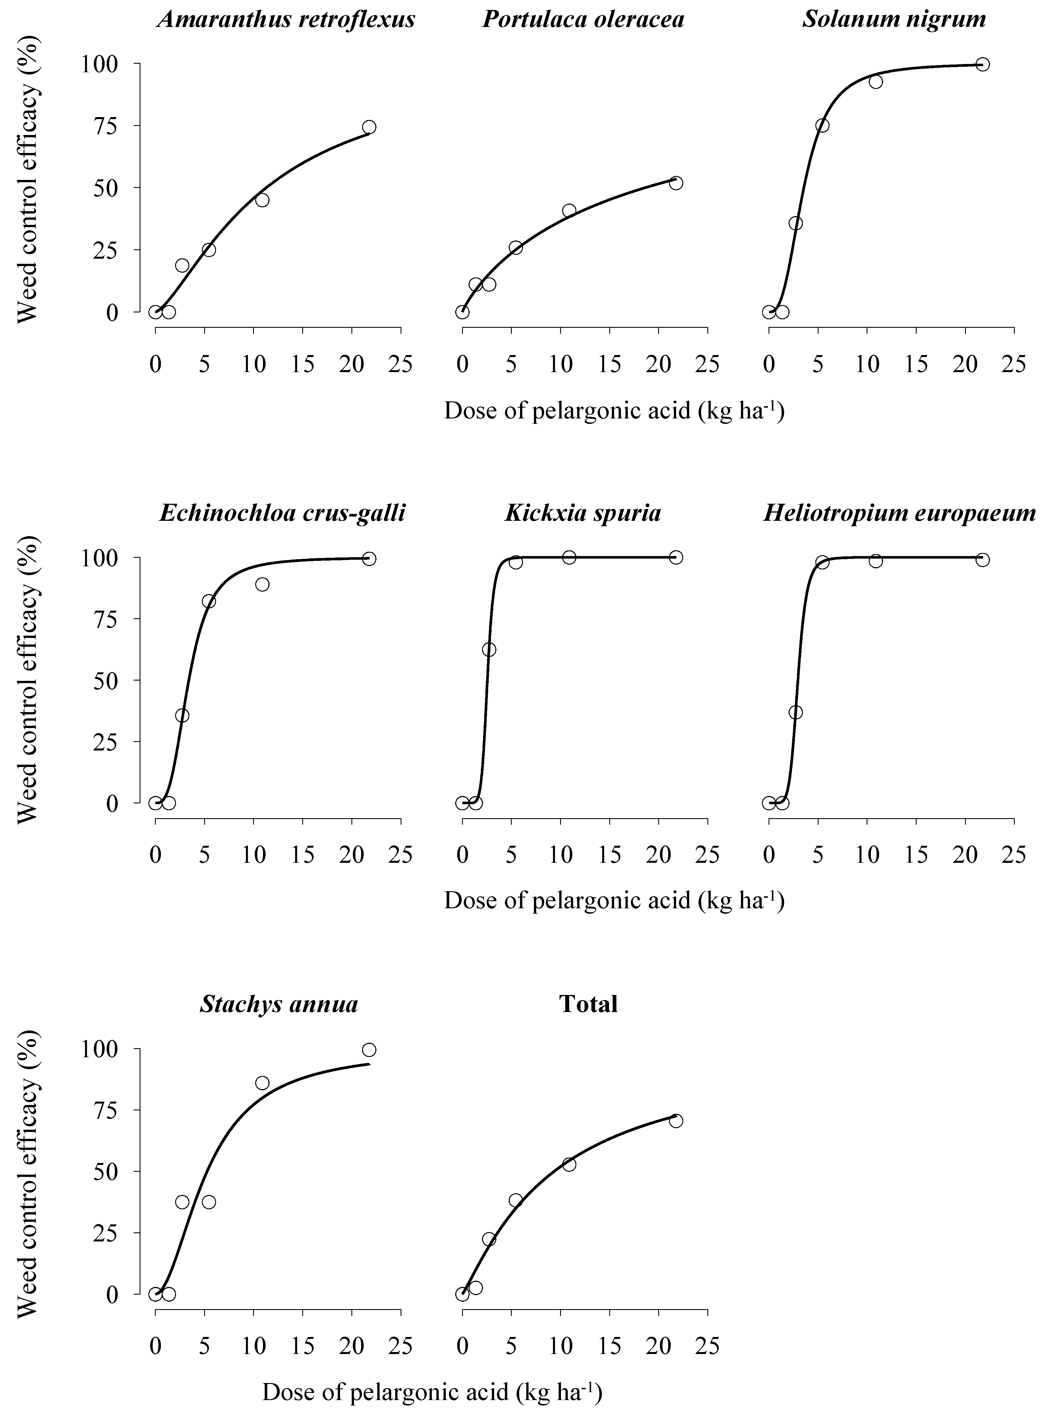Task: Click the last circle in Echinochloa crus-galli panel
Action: pos(369,559)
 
